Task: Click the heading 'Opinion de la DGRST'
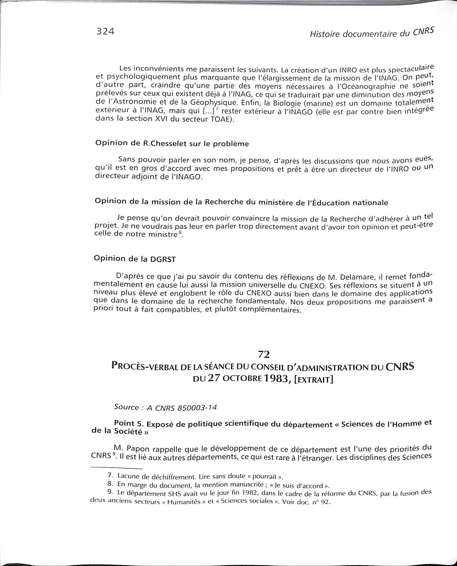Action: pyautogui.click(x=135, y=259)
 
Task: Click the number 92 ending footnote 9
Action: pyautogui.click(x=326, y=502)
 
